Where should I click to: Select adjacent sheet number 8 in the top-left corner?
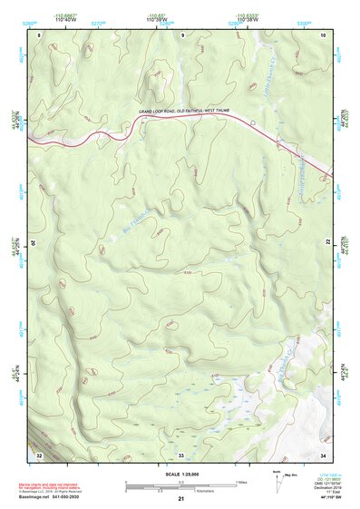click(x=39, y=34)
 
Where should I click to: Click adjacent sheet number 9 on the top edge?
click(x=181, y=34)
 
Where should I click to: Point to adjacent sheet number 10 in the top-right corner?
click(x=322, y=34)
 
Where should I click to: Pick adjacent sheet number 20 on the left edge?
click(x=34, y=243)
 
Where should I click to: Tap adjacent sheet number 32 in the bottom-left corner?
click(x=39, y=453)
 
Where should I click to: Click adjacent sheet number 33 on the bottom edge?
click(x=180, y=453)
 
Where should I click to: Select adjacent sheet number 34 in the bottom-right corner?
click(x=322, y=453)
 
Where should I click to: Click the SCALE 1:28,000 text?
click(x=180, y=475)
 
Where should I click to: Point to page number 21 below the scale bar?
click(x=180, y=499)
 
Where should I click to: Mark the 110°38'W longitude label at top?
click(x=246, y=21)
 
